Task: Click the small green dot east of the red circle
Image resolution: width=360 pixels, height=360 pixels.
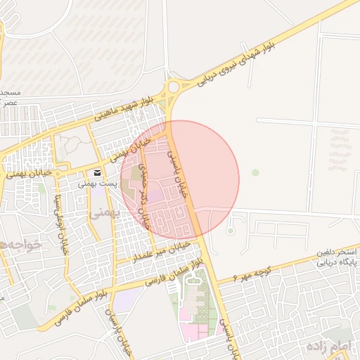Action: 255,172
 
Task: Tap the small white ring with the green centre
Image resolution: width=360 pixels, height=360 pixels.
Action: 230,230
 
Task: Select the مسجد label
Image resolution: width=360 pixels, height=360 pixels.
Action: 8,93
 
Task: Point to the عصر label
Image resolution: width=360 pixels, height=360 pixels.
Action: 9,103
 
